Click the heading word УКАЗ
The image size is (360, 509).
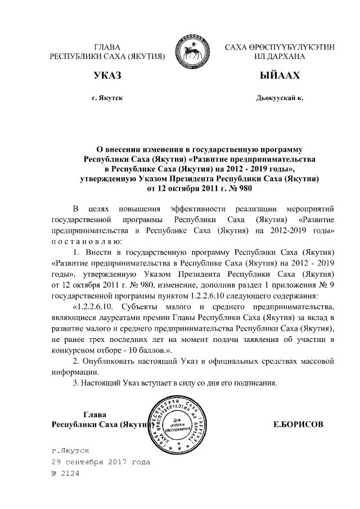point(107,75)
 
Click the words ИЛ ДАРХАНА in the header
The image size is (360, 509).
point(280,56)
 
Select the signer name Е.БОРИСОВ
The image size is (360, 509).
point(298,423)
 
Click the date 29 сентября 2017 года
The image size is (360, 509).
point(101,462)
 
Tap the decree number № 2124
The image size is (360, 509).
point(66,474)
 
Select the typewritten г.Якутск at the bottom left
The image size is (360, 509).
point(70,451)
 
